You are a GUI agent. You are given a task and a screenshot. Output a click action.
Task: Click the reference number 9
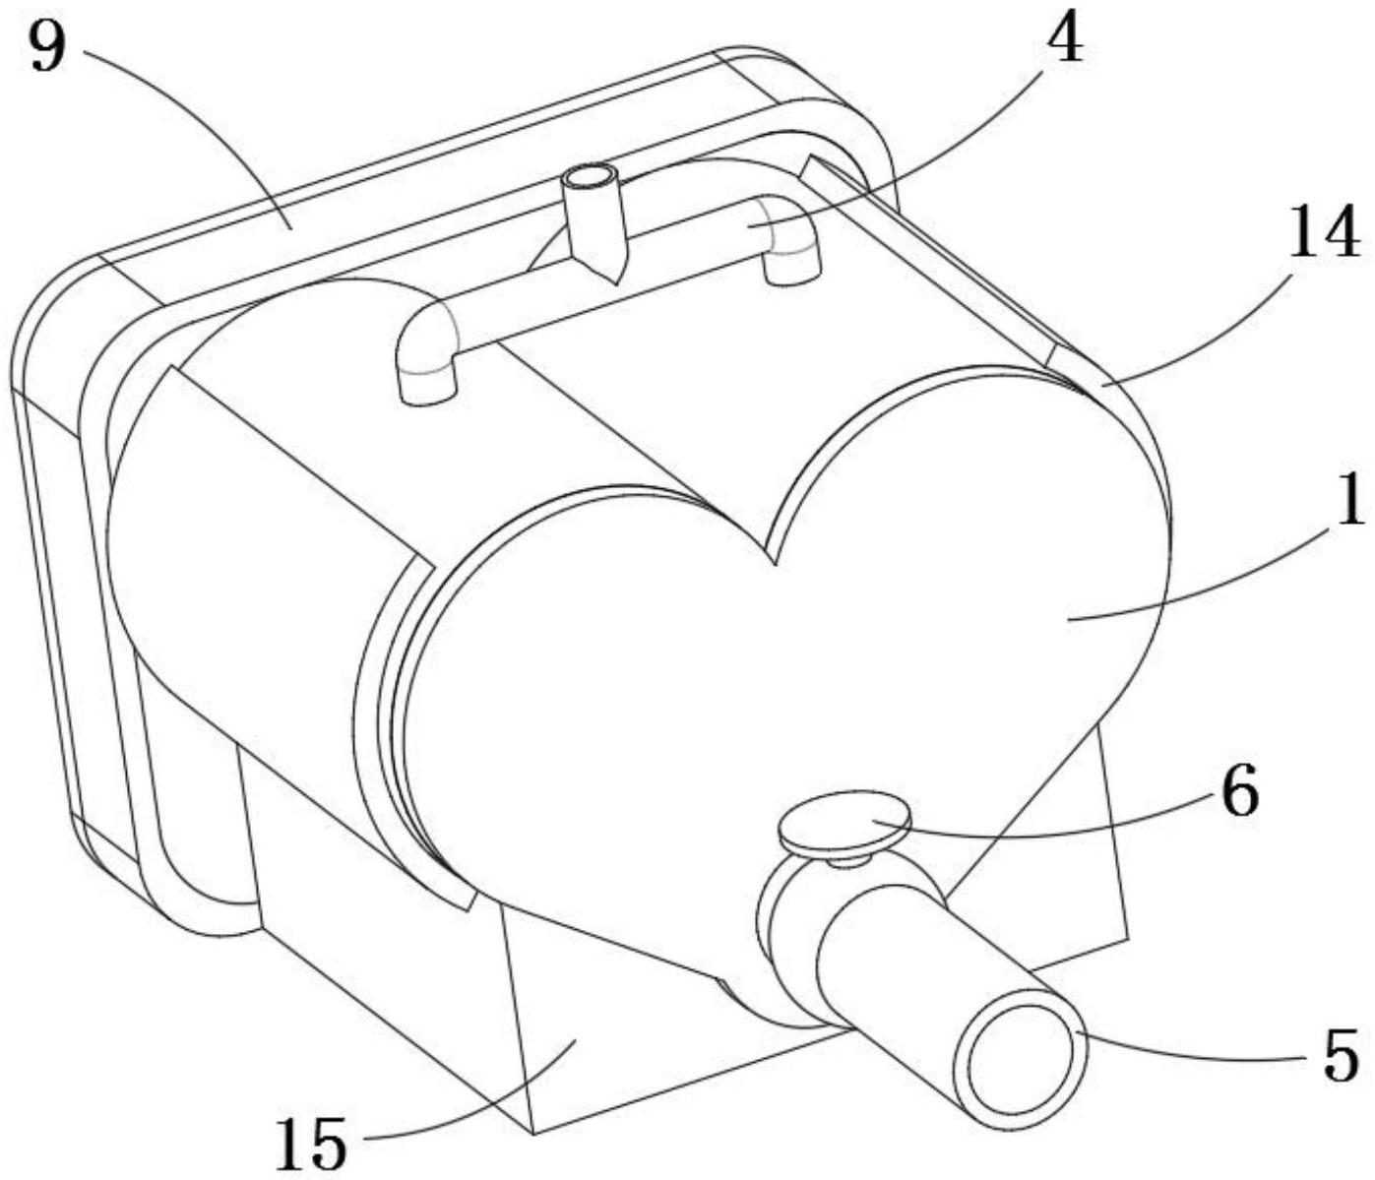coord(47,46)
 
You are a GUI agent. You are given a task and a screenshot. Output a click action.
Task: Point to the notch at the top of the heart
coord(775,561)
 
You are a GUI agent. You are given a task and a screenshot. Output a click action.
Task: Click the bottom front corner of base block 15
coord(532,1132)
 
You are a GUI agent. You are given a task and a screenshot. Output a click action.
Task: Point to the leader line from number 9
coord(197,138)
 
